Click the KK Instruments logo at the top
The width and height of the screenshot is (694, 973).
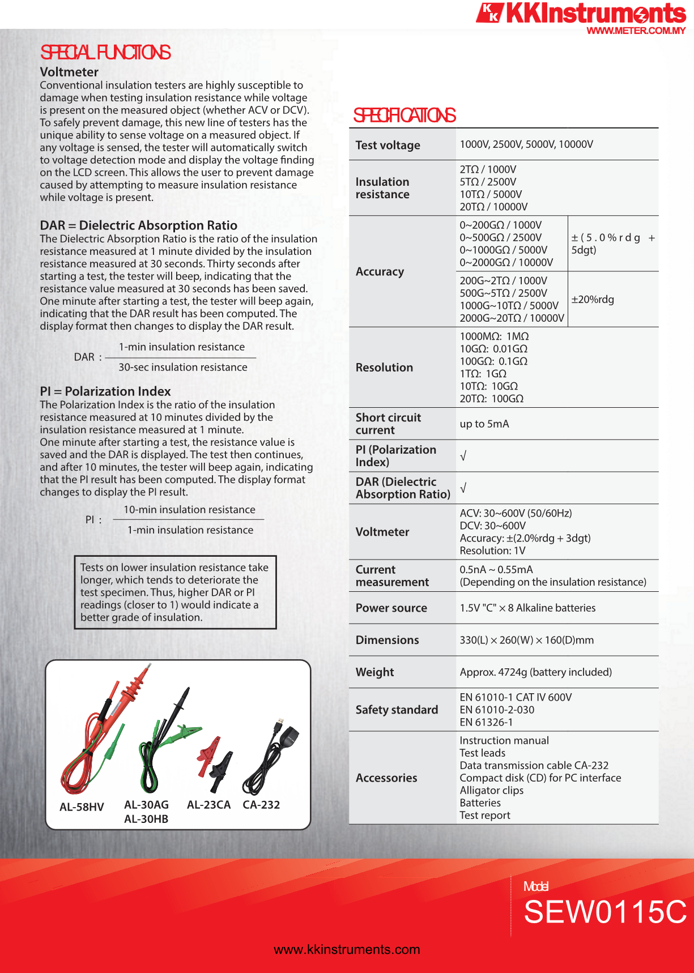point(580,13)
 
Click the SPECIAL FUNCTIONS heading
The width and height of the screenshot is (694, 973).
point(105,53)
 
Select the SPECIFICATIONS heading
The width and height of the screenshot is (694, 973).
point(405,116)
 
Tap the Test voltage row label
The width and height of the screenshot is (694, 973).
point(388,145)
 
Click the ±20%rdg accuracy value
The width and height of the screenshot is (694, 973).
point(593,299)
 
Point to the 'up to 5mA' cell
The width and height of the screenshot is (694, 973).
point(484,424)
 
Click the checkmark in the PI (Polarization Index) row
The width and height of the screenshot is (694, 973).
point(463,456)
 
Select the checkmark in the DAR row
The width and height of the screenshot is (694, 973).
point(463,488)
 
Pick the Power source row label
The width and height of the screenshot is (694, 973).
point(391,608)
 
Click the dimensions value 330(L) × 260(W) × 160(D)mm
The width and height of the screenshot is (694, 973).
point(526,640)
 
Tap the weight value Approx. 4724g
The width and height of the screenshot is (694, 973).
point(535,672)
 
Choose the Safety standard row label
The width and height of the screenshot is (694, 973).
point(397,710)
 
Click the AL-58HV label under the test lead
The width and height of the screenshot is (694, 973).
point(82,806)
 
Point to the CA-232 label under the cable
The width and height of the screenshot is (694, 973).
point(261,805)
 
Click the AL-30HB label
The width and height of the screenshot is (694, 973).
point(146,819)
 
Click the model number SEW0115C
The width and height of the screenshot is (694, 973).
point(604,912)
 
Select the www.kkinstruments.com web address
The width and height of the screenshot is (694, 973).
point(347,949)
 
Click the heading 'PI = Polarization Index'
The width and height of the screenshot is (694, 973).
point(105,391)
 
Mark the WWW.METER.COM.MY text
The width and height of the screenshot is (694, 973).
point(636,31)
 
